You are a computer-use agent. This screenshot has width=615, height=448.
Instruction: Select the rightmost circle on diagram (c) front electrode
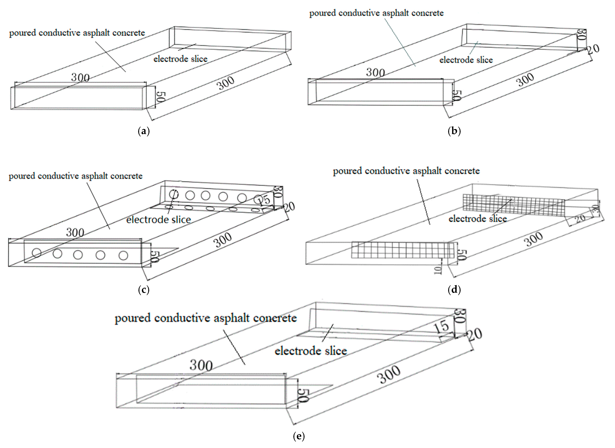123,255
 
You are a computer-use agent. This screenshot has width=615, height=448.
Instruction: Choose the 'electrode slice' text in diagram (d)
478,219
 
